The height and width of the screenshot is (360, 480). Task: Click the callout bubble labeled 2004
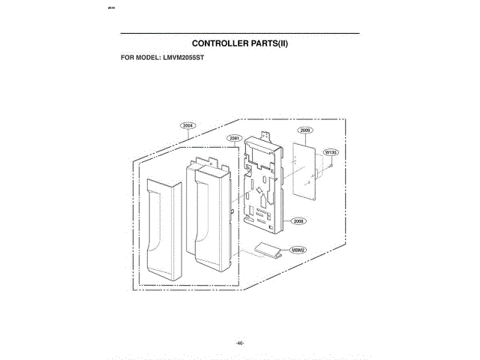tap(187, 125)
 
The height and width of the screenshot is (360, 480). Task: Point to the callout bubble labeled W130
tap(330, 152)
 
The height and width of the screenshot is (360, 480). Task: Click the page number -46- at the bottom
tap(240, 322)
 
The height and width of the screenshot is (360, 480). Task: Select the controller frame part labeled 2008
tap(262, 187)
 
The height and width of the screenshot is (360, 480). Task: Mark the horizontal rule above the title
tap(240, 34)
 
